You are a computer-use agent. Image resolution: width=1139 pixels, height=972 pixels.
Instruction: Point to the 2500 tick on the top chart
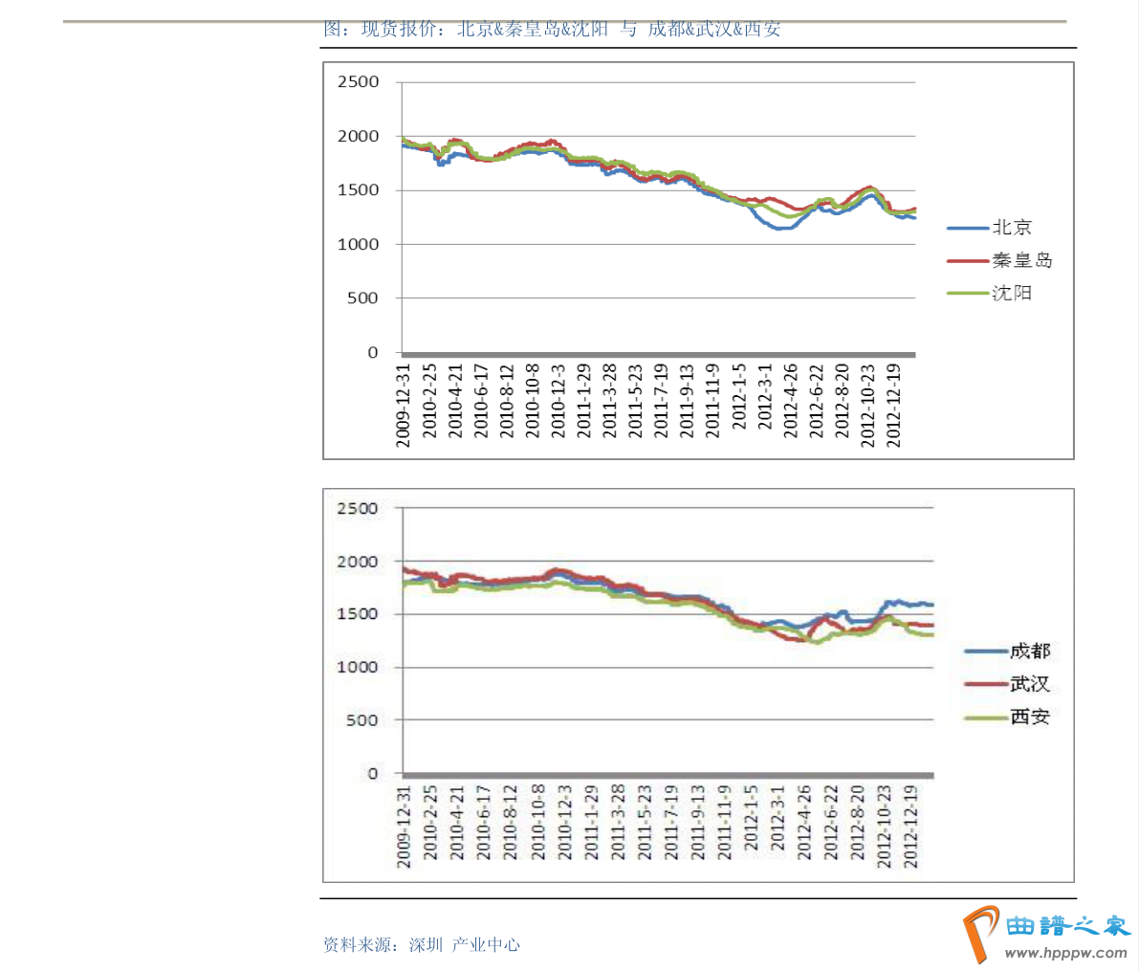click(359, 82)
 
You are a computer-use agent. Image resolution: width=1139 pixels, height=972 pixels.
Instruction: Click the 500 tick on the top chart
click(363, 298)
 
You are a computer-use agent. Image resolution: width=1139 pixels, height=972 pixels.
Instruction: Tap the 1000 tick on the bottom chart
click(358, 667)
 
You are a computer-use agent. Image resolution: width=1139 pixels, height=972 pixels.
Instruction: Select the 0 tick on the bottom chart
click(373, 773)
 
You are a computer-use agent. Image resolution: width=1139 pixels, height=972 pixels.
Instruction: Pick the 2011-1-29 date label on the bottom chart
click(592, 824)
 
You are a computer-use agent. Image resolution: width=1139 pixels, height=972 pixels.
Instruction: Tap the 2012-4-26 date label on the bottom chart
click(804, 824)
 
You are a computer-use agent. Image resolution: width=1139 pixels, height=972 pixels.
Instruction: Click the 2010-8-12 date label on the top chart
click(507, 401)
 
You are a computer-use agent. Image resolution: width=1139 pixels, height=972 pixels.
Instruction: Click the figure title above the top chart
click(552, 29)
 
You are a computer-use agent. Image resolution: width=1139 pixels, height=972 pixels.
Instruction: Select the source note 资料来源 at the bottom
click(422, 945)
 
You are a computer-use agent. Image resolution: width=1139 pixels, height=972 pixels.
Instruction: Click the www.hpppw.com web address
click(1066, 953)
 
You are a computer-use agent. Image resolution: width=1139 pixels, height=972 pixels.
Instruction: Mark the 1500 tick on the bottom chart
click(358, 614)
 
